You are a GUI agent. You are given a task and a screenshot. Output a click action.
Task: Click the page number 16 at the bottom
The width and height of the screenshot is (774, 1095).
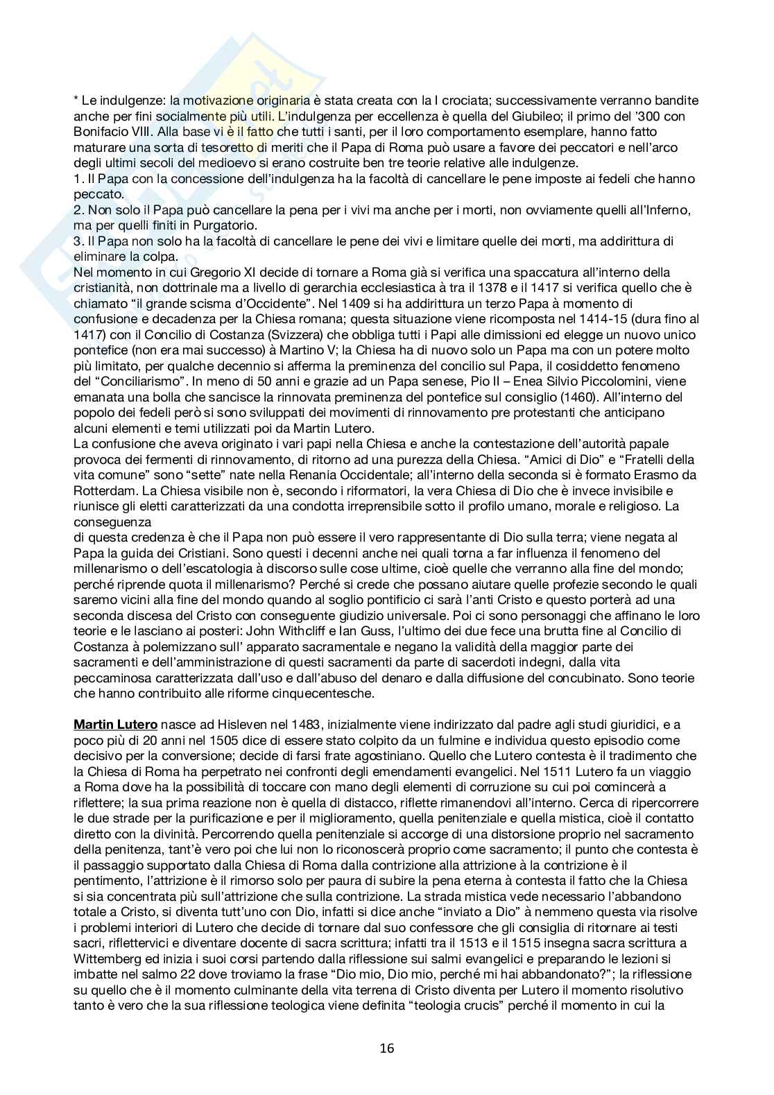click(x=387, y=1048)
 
